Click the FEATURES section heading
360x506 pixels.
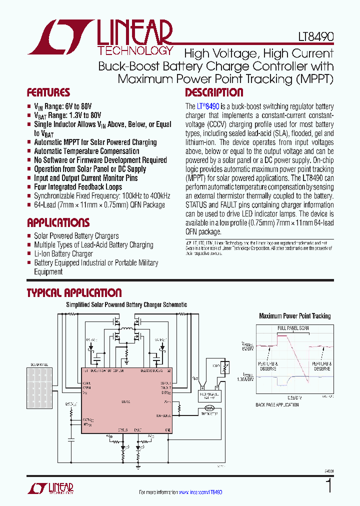click(x=48, y=92)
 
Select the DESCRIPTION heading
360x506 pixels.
click(x=214, y=92)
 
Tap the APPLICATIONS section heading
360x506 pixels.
click(x=58, y=222)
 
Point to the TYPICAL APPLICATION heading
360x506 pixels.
click(x=74, y=293)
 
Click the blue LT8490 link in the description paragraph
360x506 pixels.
click(x=208, y=106)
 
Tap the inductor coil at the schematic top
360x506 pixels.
click(x=126, y=330)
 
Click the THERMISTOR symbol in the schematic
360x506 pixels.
click(x=209, y=407)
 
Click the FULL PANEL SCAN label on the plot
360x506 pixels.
click(x=294, y=328)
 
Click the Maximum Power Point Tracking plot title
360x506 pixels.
click(x=294, y=316)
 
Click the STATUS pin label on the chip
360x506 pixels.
click(x=123, y=429)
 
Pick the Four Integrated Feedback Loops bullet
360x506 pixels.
click(x=77, y=187)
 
